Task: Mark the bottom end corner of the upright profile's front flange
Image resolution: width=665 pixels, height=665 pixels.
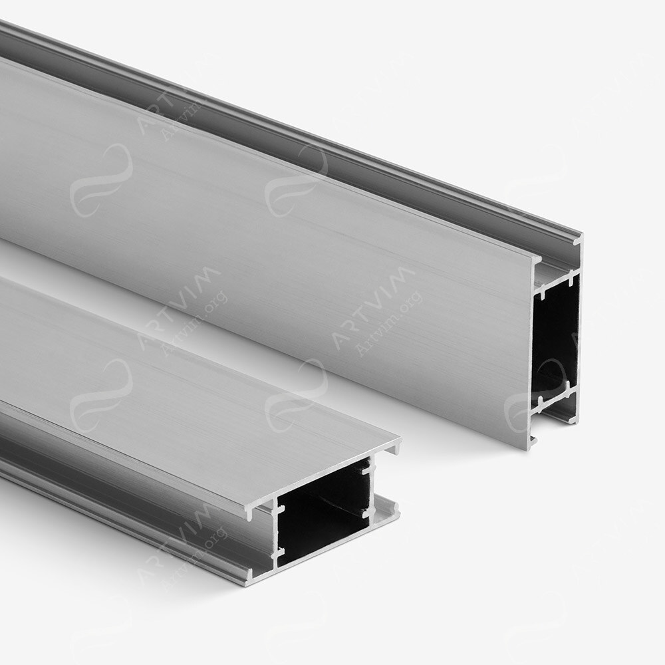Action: (531, 444)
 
